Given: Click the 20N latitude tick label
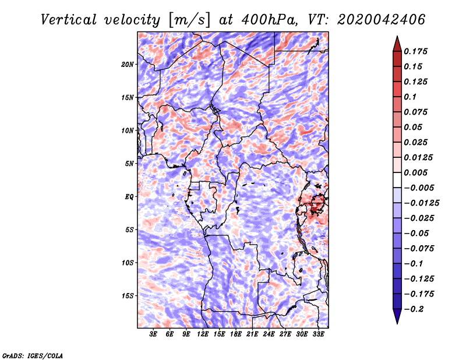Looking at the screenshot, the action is (127, 64).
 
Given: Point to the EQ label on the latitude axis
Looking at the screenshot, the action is (129, 197).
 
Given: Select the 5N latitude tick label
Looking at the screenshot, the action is (129, 164).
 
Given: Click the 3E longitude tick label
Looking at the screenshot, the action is (153, 334).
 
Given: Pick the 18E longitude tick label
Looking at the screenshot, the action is (235, 334).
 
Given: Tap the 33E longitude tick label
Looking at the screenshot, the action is (318, 334).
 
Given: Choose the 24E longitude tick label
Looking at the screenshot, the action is (269, 334).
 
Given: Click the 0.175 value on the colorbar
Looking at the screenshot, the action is (415, 51).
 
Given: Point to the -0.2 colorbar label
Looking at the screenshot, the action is (414, 309).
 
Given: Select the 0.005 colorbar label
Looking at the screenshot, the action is (415, 172).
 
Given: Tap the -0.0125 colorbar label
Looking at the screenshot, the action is (421, 203).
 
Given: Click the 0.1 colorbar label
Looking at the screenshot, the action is (410, 97).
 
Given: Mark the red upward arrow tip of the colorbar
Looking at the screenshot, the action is (397, 37).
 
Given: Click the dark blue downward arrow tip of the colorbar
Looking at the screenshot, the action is (397, 323).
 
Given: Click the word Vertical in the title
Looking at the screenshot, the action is (69, 20).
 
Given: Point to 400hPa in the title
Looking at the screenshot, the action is (270, 20).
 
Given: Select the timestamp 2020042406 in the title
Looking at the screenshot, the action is (382, 20).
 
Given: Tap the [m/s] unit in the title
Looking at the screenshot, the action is (189, 20).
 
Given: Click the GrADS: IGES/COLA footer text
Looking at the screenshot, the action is (33, 356).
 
